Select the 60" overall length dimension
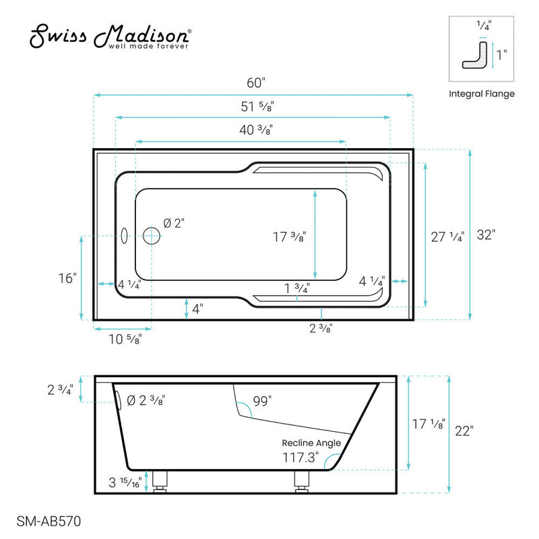256,83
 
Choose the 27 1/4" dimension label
447,236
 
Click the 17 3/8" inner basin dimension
290,236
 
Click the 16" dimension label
67,278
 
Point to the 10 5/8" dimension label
125,340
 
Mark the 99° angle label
261,402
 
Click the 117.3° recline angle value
300,457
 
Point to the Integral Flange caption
482,94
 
